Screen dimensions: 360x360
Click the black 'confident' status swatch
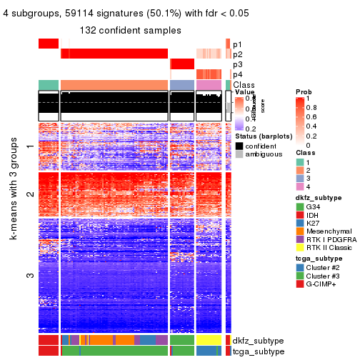click(239, 146)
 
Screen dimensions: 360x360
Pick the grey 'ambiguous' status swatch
click(239, 155)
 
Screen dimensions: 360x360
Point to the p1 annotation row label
click(237, 44)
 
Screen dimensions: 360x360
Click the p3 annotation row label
click(237, 64)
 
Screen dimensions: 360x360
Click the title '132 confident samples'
click(130, 30)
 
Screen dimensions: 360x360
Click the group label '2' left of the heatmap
click(29, 194)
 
